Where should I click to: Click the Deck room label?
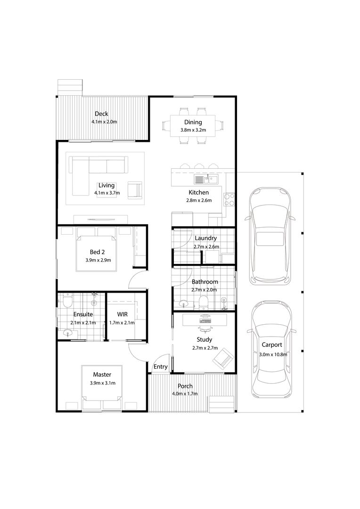pos(101,114)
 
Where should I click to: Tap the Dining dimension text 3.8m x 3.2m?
pos(193,130)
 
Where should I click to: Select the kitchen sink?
pos(206,179)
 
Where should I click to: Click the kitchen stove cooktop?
pos(229,199)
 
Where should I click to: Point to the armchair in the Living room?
pos(135,190)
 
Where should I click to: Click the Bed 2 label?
pos(98,252)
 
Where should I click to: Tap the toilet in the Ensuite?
pos(67,301)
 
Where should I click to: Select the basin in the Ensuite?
pos(68,333)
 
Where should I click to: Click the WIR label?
pos(123,314)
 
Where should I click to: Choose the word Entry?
pos(160,367)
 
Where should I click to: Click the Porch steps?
pos(222,404)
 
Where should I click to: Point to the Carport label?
pos(272,345)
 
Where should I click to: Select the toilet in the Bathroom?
pos(204,302)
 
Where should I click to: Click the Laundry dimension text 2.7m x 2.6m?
pos(206,246)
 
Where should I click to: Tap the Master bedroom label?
pos(102,375)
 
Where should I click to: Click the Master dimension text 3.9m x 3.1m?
pos(103,383)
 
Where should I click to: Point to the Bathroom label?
pos(205,282)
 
